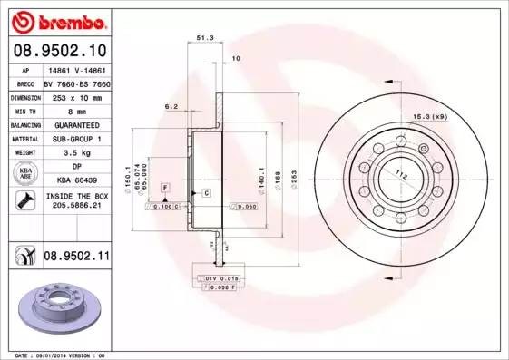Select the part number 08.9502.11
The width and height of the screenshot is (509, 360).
click(75, 257)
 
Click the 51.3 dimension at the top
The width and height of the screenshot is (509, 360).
click(205, 38)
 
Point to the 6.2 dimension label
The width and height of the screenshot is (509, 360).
click(171, 106)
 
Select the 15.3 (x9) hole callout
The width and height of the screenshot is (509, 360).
click(430, 117)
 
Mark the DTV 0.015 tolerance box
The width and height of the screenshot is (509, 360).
click(220, 277)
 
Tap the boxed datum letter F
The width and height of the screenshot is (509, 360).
click(165, 186)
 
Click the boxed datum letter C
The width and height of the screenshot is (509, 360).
click(206, 193)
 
